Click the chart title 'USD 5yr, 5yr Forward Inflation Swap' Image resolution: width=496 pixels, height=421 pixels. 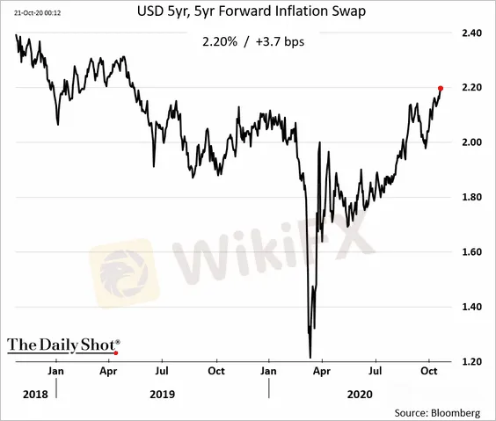[x=252, y=11]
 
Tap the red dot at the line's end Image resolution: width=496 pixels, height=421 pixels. [x=441, y=88]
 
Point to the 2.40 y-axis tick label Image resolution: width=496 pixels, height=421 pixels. [x=471, y=33]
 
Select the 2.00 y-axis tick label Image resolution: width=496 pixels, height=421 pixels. [x=471, y=142]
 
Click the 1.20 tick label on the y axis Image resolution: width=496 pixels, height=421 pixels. [x=471, y=361]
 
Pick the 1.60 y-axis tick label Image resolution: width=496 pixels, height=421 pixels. [x=471, y=252]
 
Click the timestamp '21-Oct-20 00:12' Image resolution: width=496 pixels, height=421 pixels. [x=37, y=13]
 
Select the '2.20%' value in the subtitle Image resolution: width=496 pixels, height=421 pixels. [x=220, y=41]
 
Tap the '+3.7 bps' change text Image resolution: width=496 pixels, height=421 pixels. [x=280, y=41]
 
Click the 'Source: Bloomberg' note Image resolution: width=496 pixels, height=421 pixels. [x=437, y=413]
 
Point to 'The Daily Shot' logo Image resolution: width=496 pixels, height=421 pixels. [x=63, y=345]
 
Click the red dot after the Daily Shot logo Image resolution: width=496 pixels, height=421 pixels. [x=116, y=352]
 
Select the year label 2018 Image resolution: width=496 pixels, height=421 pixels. [x=35, y=395]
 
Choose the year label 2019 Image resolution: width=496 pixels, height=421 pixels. [x=162, y=395]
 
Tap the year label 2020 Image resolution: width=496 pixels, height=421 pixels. [x=360, y=395]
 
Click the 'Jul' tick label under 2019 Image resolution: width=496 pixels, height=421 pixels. [x=162, y=371]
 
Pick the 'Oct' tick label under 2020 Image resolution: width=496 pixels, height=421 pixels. [x=429, y=371]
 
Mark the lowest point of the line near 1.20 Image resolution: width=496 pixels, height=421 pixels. [x=310, y=358]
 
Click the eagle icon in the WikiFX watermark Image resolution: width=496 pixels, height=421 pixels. [x=123, y=273]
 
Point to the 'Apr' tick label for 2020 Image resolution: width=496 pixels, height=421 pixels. [x=322, y=371]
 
